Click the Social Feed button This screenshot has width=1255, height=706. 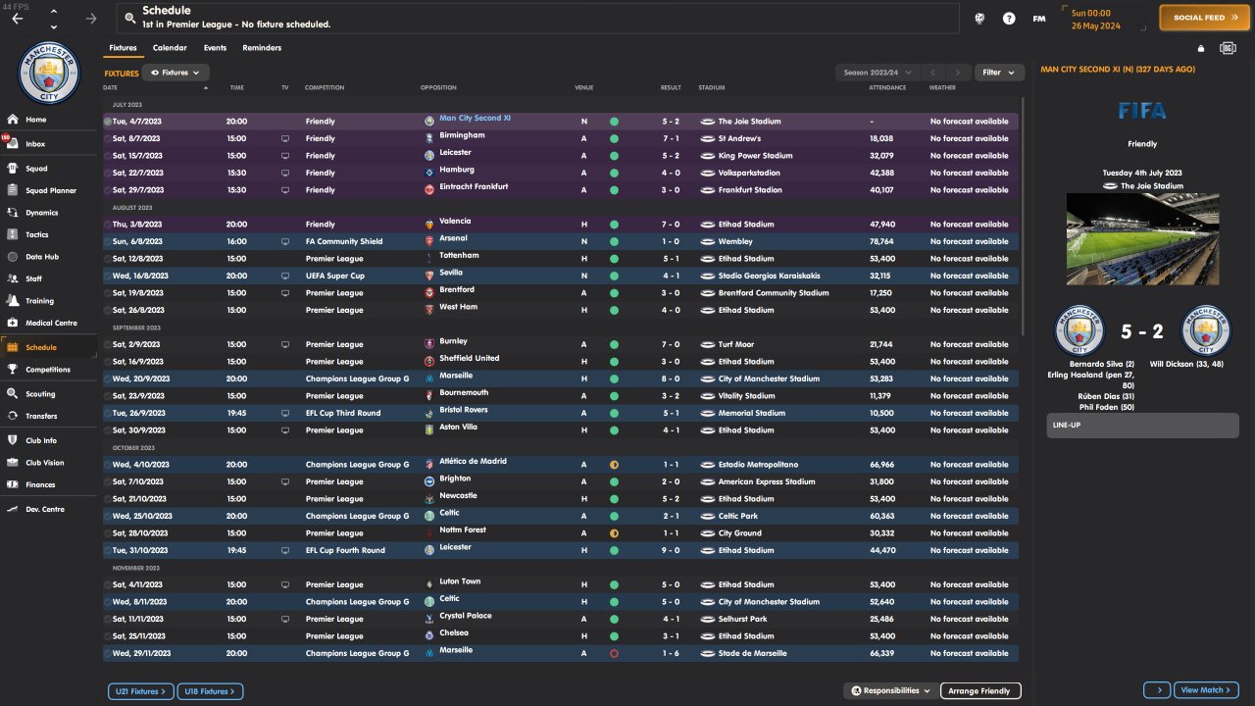tap(1204, 18)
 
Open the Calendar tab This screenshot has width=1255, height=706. tap(170, 48)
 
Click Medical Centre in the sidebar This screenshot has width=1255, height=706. tap(51, 324)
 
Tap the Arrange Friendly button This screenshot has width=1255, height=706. tap(980, 691)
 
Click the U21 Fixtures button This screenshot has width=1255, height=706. tap(141, 692)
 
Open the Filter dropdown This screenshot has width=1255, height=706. tap(999, 73)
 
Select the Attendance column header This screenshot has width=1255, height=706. tap(886, 88)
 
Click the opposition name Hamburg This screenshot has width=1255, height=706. tap(457, 170)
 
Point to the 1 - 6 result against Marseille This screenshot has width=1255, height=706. tap(671, 654)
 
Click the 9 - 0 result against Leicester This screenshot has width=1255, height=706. tap(671, 551)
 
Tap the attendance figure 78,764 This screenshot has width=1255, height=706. tap(881, 242)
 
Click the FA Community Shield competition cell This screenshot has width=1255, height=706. tap(344, 242)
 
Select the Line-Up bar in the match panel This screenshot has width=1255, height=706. tap(1142, 426)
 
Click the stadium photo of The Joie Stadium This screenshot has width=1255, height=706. tap(1142, 238)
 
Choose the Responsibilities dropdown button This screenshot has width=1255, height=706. tap(890, 691)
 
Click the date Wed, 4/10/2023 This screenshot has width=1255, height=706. tap(140, 465)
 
